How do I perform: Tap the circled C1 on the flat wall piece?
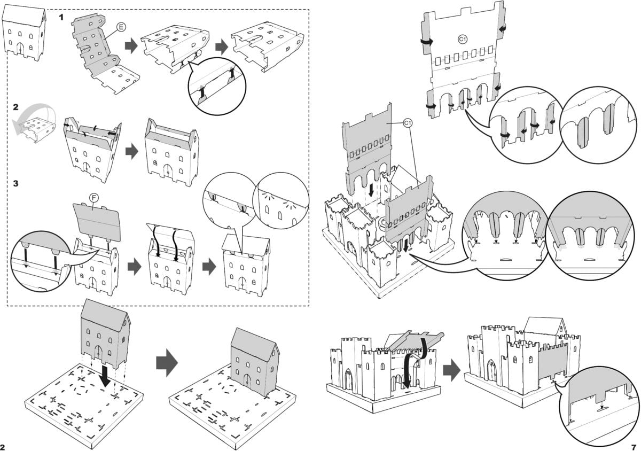click(463, 39)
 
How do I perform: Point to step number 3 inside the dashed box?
click(16, 183)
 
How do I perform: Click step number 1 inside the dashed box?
click(62, 17)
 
